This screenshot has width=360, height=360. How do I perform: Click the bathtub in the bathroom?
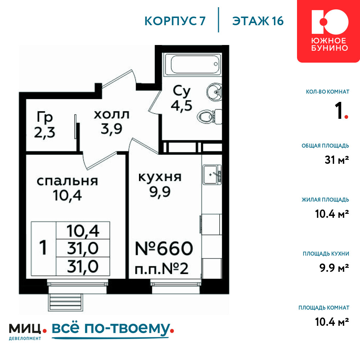click(x=193, y=64)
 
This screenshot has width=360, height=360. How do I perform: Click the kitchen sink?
click(x=212, y=175)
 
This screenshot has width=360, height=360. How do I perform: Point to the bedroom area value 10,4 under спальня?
click(x=67, y=195)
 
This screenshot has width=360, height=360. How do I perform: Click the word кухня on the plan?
click(x=160, y=177)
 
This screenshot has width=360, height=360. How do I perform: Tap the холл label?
click(x=112, y=114)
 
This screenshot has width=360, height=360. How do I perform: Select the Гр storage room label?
click(x=45, y=117)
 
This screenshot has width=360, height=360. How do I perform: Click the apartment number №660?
click(x=164, y=248)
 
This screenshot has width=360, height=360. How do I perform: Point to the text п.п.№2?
click(x=162, y=269)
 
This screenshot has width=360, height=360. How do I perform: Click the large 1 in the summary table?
click(x=43, y=248)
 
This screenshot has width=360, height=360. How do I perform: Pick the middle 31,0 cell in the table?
click(x=83, y=248)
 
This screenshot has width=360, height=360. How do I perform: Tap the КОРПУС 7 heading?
click(x=175, y=21)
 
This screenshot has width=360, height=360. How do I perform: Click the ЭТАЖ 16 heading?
click(x=258, y=21)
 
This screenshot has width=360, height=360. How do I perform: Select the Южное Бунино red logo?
click(x=329, y=31)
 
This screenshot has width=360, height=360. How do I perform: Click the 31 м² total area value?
click(x=337, y=160)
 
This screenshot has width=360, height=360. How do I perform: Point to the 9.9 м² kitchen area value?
click(x=334, y=268)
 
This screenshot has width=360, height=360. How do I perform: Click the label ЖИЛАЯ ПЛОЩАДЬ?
click(x=325, y=200)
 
